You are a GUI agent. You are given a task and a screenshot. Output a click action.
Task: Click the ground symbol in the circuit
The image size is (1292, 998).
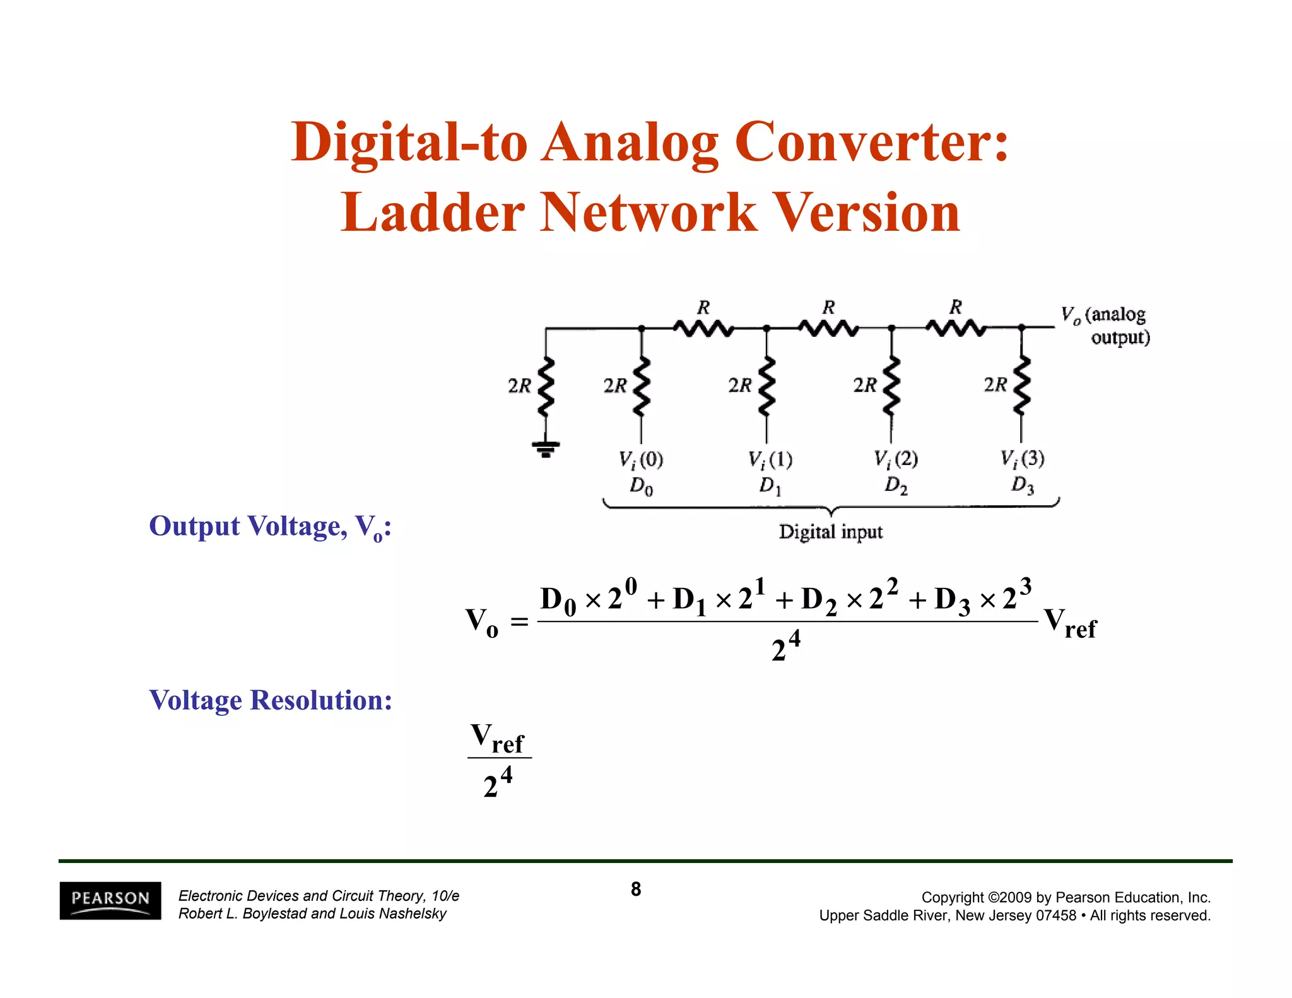(546, 449)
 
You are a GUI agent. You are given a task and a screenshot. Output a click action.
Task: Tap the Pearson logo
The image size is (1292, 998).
(110, 900)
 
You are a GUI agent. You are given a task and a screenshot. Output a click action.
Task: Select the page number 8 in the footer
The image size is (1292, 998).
(636, 889)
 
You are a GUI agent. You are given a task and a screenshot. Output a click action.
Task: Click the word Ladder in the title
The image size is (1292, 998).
(432, 213)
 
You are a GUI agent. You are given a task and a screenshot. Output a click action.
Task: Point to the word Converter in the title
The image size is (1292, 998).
(872, 142)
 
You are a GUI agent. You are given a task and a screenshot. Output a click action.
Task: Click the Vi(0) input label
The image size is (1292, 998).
(641, 459)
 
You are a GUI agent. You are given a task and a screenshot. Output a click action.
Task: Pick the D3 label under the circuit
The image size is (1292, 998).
(1023, 485)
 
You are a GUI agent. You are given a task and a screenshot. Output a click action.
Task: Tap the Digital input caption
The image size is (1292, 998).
(830, 532)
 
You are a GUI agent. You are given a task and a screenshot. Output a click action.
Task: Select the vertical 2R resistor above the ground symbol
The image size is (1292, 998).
(546, 386)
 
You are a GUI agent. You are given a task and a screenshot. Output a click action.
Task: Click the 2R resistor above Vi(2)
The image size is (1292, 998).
(891, 385)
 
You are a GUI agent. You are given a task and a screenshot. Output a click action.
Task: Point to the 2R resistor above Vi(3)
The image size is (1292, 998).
(1021, 385)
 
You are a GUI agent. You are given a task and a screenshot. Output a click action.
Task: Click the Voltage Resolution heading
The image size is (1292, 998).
(271, 700)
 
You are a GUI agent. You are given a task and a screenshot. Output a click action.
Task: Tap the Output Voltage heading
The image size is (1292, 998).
(270, 527)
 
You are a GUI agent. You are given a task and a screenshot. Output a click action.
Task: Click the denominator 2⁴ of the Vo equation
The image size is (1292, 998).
(786, 646)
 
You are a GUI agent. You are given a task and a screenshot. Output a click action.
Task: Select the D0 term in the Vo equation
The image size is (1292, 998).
(558, 600)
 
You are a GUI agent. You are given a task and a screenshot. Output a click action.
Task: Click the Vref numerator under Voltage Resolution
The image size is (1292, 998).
(498, 738)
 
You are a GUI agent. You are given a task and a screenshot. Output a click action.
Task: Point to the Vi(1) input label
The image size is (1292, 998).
(770, 459)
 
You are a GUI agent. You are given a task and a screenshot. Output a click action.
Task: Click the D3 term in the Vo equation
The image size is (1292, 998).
(952, 600)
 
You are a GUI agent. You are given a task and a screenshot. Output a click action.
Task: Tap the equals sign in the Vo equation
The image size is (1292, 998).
(519, 622)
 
